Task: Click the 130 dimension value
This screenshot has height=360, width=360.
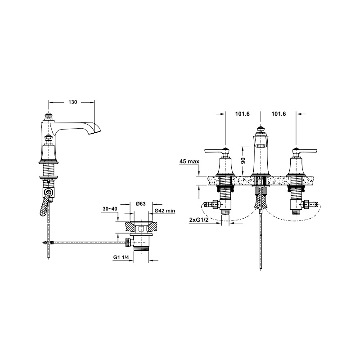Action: [73, 102]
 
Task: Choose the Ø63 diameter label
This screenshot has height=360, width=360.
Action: [141, 203]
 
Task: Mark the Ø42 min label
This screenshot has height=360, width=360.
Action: [165, 211]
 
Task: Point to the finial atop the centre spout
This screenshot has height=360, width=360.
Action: [260, 130]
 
